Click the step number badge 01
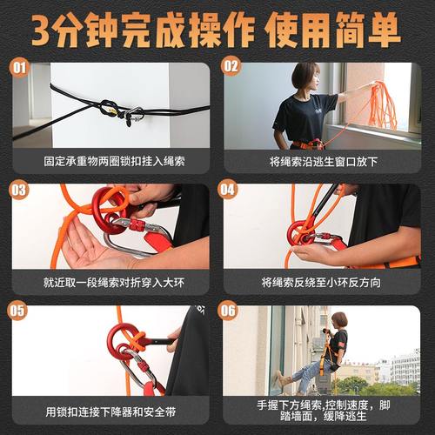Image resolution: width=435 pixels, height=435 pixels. point(21,67)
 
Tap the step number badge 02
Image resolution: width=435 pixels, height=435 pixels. point(231,67)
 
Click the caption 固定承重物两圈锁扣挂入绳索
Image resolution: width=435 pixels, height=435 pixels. point(111,162)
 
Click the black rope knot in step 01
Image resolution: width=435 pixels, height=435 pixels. point(108,109)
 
